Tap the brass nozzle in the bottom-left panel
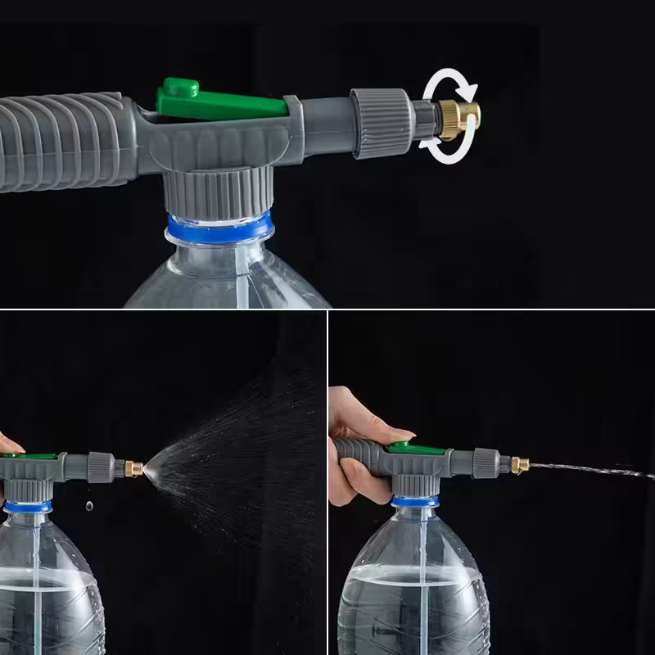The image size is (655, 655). coord(133,469)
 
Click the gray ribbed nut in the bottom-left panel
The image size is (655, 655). coord(101,466)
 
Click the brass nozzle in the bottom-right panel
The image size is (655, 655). coord(519,465)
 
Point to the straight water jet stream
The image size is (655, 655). coord(589,471)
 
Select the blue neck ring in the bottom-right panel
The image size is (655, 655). coord(413,500)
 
